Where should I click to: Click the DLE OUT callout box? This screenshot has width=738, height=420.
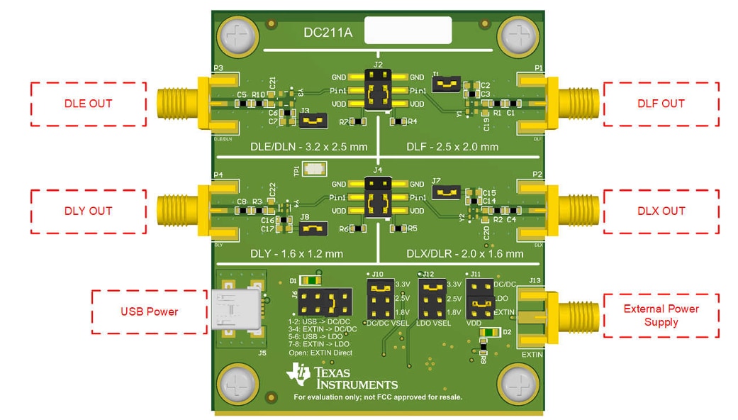(88, 104)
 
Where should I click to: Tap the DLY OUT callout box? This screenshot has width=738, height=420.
(88, 211)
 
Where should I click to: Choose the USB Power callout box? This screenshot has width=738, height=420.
(149, 311)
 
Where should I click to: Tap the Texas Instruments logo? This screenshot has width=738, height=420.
(342, 376)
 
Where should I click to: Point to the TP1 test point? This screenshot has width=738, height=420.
(313, 170)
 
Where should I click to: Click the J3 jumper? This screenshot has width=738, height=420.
(313, 122)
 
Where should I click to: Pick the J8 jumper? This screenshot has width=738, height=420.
(313, 229)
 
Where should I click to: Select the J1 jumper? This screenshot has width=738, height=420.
(447, 86)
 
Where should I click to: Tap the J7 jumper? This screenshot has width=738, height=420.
(447, 192)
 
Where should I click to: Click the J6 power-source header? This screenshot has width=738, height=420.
(325, 304)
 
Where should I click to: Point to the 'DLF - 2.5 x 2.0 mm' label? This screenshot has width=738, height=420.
(452, 147)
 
